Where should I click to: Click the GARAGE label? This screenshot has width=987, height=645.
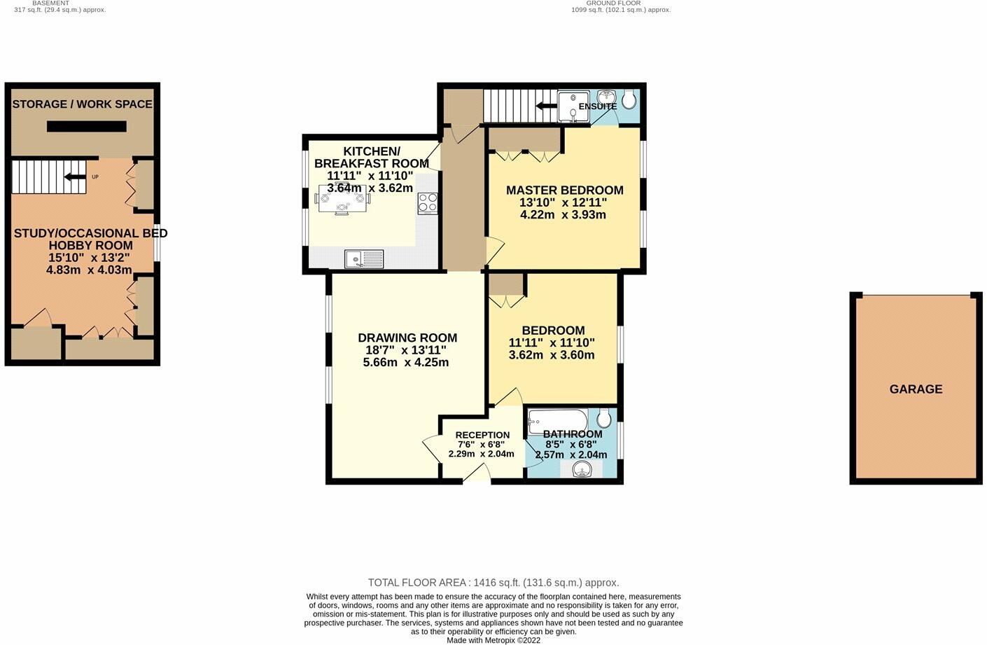[x=916, y=389]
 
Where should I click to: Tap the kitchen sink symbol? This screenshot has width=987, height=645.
[x=364, y=259]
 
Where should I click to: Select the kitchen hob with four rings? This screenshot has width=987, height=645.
[x=428, y=203]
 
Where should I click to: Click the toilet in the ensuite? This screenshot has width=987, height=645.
[x=629, y=100]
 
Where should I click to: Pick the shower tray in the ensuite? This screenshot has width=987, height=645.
[x=573, y=106]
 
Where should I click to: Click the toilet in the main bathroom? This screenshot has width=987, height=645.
[x=604, y=419]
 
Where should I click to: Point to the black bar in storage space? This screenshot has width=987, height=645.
[x=87, y=127]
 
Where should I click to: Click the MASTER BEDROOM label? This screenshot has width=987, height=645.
[x=564, y=190]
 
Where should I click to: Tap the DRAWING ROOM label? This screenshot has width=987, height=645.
[x=407, y=338]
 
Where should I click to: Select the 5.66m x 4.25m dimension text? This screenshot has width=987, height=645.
[x=406, y=363]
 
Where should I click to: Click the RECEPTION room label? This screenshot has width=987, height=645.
[x=482, y=435]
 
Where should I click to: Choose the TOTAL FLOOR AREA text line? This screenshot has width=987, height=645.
[x=493, y=583]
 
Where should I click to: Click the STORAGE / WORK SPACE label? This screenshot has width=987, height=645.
[x=82, y=104]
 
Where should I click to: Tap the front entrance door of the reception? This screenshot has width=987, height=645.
[x=477, y=476]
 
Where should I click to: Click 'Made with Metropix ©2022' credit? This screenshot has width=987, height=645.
[x=493, y=640]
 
